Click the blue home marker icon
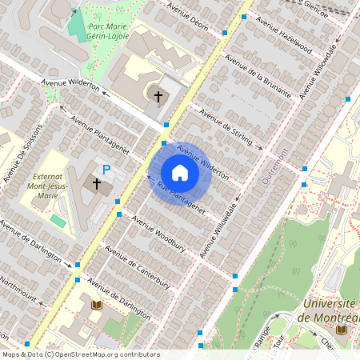click(180, 173)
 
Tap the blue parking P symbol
click(106, 170)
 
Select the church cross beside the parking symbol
click(98, 184)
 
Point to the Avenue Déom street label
click(189, 16)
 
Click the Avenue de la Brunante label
click(259, 75)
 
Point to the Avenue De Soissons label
click(15, 156)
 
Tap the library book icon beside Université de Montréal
click(342, 330)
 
